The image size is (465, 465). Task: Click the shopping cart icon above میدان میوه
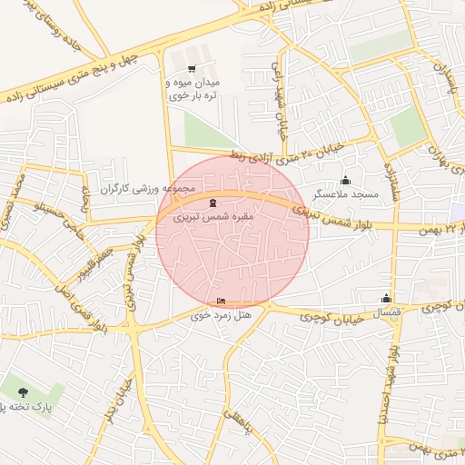click(x=191, y=68)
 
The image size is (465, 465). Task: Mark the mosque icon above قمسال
click(x=387, y=298)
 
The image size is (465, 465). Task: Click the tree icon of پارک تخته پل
click(x=22, y=392)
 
